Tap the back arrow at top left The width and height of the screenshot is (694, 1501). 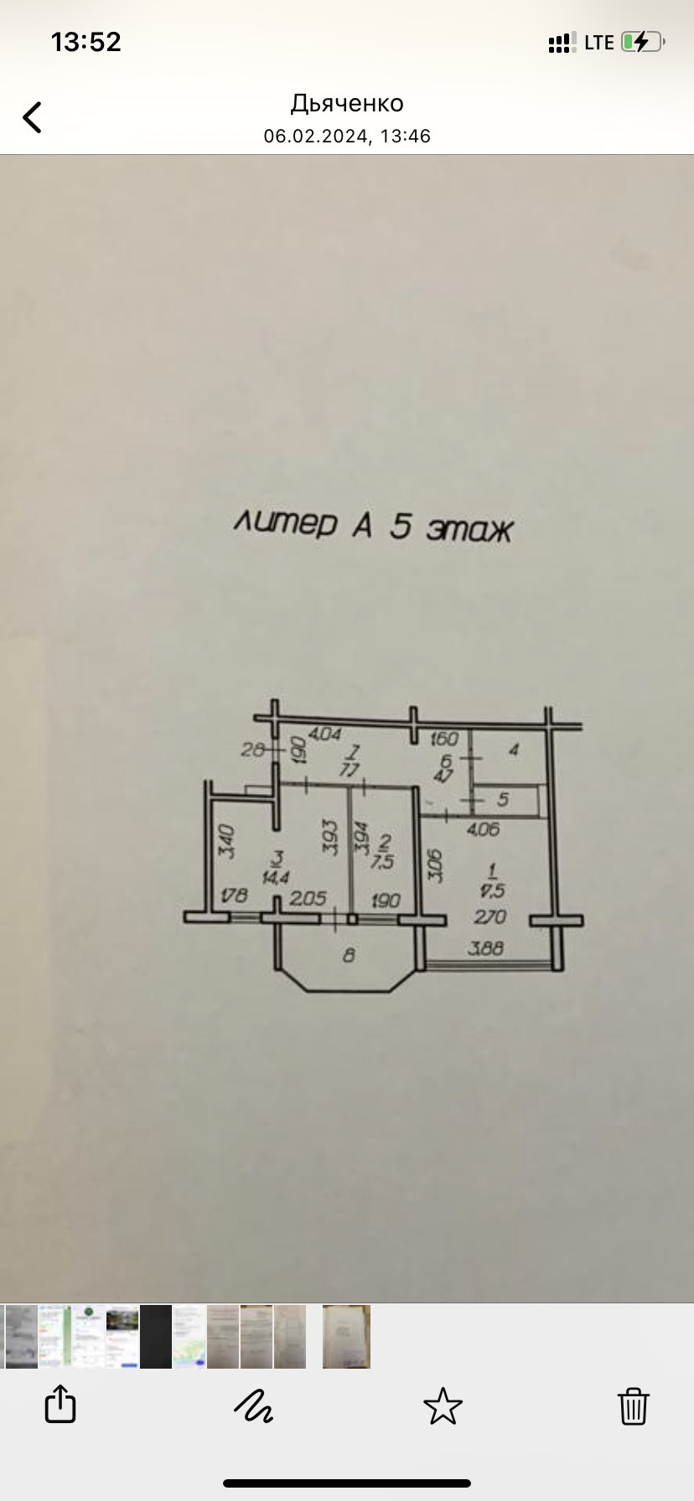(x=33, y=117)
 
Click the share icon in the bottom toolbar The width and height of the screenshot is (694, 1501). (x=60, y=1404)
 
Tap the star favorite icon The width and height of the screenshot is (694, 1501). (x=443, y=1406)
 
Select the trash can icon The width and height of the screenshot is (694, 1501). (x=633, y=1406)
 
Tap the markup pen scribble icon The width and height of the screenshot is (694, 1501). (x=253, y=1406)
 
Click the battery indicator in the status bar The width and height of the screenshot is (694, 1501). (x=643, y=42)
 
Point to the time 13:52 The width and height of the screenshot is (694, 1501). (x=86, y=42)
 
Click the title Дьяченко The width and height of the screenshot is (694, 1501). (x=347, y=103)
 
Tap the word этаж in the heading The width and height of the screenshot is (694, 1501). (x=469, y=529)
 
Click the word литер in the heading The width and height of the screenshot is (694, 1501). (x=285, y=523)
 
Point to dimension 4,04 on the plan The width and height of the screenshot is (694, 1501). (x=324, y=734)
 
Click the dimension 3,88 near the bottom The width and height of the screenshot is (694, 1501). (x=486, y=949)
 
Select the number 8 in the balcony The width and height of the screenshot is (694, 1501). (x=349, y=954)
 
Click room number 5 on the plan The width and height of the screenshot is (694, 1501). (x=503, y=800)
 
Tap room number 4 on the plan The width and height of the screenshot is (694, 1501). (x=514, y=750)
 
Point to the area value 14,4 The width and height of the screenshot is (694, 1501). (x=276, y=877)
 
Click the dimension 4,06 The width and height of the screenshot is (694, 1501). (x=482, y=829)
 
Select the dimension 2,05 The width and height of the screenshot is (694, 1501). (x=308, y=899)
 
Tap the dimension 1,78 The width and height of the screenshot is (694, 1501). (x=235, y=895)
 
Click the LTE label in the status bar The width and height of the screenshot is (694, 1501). (x=599, y=43)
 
